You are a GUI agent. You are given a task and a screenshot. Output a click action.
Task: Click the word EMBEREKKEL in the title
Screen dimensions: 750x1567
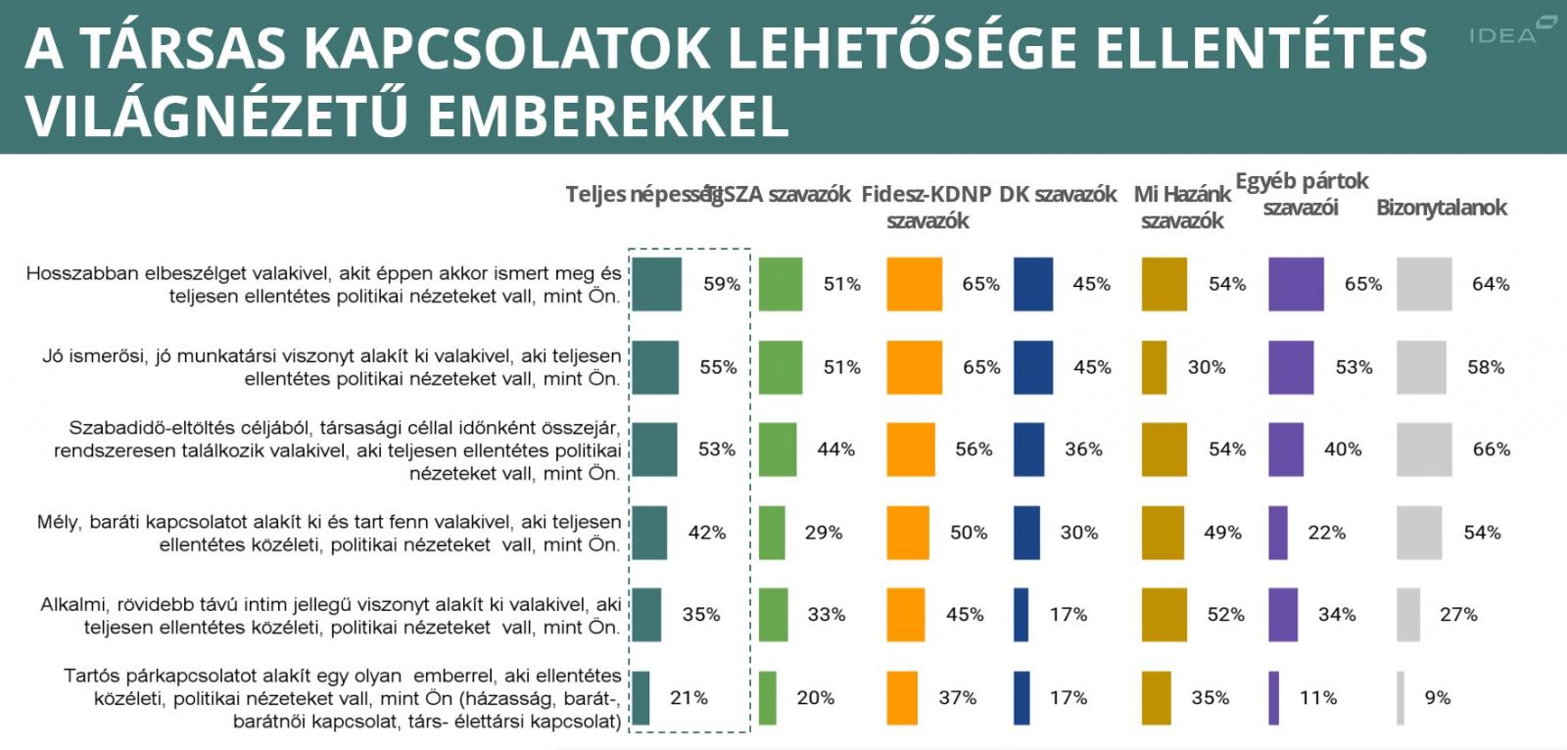click(607, 117)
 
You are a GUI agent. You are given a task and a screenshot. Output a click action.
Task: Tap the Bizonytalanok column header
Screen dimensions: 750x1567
click(1441, 208)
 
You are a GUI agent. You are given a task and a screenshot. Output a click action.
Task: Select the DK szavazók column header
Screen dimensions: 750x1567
click(1058, 195)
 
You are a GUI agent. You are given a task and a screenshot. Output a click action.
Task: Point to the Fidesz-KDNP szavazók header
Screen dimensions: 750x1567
click(926, 207)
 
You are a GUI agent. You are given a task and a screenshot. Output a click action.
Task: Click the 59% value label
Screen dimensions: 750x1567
click(722, 284)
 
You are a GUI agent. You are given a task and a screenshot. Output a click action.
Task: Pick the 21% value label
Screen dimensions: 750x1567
click(689, 698)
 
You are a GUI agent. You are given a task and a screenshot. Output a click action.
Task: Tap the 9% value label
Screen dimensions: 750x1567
click(1438, 698)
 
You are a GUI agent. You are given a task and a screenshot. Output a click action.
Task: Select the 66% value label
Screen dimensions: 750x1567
click(1491, 449)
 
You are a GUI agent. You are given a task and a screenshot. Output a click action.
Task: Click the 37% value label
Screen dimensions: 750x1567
click(957, 698)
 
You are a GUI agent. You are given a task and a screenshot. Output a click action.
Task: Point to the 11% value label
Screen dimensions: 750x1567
click(1317, 698)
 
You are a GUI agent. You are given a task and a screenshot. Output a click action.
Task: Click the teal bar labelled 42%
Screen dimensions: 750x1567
click(649, 533)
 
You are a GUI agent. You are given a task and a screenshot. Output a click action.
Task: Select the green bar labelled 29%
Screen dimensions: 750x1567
click(772, 533)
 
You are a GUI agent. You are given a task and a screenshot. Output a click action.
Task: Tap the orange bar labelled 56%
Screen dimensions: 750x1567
click(911, 449)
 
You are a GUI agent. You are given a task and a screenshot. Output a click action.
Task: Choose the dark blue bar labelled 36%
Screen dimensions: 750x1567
click(1029, 449)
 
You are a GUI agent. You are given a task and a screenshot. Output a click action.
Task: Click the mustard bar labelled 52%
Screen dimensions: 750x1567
click(1163, 615)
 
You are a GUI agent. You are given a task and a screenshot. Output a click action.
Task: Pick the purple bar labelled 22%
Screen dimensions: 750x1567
click(1278, 533)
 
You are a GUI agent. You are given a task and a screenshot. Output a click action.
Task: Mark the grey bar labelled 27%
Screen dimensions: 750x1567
click(1408, 615)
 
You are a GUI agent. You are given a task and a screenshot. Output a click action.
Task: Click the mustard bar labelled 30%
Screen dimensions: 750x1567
click(1155, 367)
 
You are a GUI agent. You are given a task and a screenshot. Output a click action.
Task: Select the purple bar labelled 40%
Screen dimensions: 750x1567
click(1286, 449)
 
